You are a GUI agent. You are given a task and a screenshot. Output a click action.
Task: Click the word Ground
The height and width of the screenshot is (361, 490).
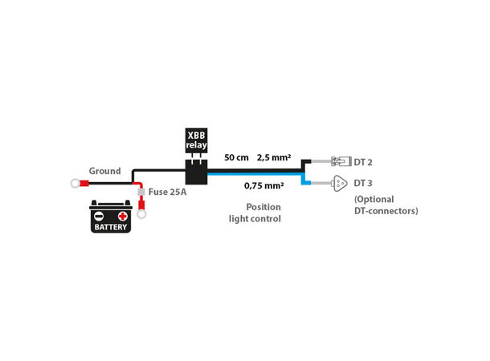[x=104, y=171]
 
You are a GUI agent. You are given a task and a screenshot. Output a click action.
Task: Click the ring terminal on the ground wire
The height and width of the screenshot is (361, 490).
[x=76, y=184]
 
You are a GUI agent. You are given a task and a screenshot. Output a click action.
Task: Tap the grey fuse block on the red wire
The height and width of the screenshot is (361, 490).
[x=141, y=193]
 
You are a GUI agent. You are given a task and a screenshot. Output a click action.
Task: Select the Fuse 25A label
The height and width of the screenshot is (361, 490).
[x=168, y=193]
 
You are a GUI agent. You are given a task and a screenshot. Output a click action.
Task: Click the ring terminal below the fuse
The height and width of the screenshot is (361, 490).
[x=141, y=213]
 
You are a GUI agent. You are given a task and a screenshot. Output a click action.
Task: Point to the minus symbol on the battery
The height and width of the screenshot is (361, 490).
[x=99, y=216]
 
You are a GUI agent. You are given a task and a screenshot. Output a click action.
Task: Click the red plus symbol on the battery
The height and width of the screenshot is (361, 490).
[x=122, y=216]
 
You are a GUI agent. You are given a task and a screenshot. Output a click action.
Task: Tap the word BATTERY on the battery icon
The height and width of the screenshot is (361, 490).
[x=110, y=228]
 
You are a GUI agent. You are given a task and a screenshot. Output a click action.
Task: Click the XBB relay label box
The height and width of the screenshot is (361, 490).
[x=196, y=141]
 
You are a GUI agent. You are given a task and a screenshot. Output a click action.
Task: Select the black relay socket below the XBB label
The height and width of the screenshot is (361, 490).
[x=196, y=171]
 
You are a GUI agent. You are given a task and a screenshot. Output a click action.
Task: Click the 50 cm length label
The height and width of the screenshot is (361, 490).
[x=236, y=157]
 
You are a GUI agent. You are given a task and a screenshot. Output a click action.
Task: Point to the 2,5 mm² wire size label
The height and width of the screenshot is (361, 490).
[x=273, y=157]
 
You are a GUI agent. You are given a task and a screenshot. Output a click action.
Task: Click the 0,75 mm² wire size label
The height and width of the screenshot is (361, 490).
[x=263, y=185]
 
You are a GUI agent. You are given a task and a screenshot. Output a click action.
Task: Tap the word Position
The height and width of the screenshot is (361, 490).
[x=263, y=206]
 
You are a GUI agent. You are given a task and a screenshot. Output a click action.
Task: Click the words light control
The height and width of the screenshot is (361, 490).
[x=255, y=218]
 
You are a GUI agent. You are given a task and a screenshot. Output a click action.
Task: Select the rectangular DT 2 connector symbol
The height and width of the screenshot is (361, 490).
[x=340, y=161]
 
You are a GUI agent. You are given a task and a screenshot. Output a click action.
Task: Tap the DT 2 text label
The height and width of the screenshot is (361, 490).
[x=363, y=162]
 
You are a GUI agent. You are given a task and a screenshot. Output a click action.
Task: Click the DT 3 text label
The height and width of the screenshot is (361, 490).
[x=363, y=183]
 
